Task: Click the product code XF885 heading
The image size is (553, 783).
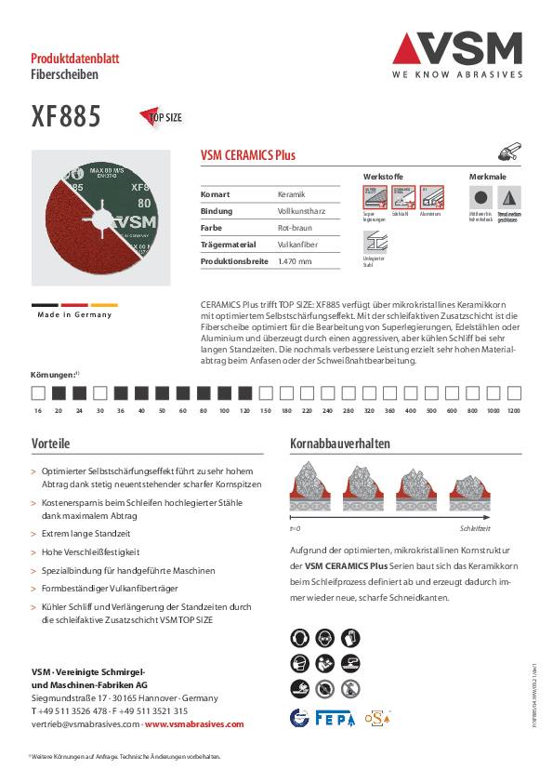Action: (x=66, y=118)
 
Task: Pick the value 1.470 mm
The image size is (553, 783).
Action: (x=295, y=261)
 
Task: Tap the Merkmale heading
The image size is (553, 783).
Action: (x=488, y=176)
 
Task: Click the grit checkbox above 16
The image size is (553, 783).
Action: (x=37, y=392)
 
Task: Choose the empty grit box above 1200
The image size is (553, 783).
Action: (x=514, y=392)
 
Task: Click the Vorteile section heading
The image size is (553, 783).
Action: (x=51, y=444)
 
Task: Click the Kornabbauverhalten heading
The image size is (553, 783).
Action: (x=340, y=444)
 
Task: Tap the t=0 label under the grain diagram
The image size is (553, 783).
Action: (x=296, y=527)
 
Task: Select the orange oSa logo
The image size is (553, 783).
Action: (x=377, y=717)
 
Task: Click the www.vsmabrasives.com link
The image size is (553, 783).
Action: (x=194, y=723)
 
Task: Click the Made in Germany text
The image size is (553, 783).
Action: (x=74, y=314)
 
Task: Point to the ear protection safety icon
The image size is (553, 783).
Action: (x=300, y=638)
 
